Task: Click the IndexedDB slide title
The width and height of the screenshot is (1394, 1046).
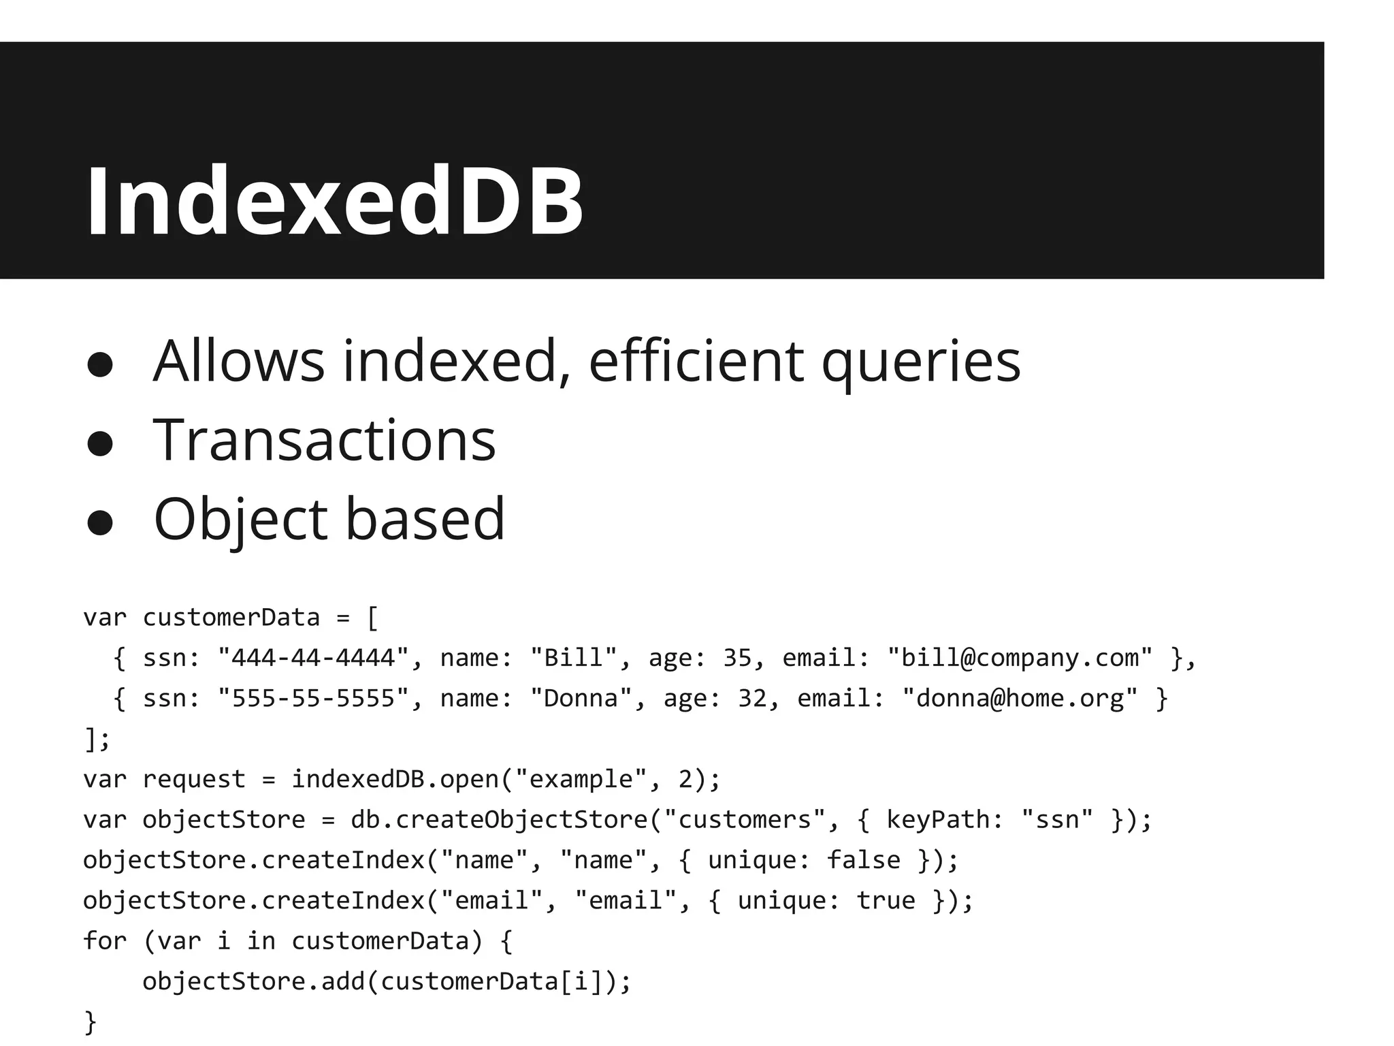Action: coord(334,202)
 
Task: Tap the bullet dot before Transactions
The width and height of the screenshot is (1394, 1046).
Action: coord(100,443)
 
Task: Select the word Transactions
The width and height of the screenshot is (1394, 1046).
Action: coord(325,441)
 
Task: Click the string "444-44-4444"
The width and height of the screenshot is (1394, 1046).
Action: coord(313,658)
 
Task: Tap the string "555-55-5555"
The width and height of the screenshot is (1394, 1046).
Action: coord(313,699)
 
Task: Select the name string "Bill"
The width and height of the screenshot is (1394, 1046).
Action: coord(573,658)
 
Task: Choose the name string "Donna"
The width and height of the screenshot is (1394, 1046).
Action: coord(581,699)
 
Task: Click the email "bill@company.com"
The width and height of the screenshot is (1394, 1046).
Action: coord(1020,658)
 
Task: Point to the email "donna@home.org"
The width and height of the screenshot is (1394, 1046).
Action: coord(1020,699)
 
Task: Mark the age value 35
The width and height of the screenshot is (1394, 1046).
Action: coord(737,658)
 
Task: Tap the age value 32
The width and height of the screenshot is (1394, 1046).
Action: coord(752,699)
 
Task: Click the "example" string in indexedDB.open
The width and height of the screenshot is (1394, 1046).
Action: coord(581,779)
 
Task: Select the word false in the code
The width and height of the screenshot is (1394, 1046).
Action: coord(863,860)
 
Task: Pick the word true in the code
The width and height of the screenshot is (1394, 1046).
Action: coord(886,901)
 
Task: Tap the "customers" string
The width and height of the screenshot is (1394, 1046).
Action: coord(745,820)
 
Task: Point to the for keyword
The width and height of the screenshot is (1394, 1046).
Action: coord(105,941)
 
